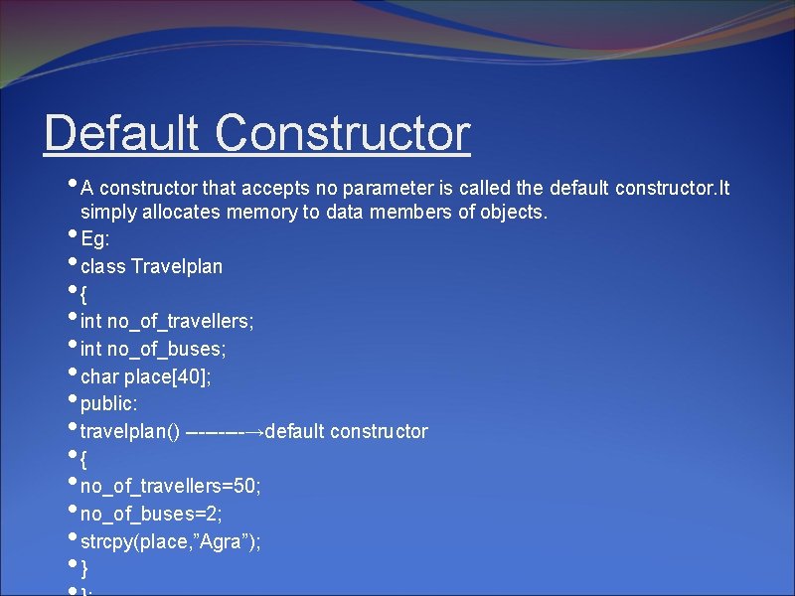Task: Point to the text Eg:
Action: [x=94, y=239]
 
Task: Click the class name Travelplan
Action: [x=177, y=266]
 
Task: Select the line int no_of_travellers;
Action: [x=167, y=321]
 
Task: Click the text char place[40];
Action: [x=145, y=376]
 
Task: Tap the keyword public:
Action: [x=109, y=404]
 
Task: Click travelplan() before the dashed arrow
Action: [x=130, y=431]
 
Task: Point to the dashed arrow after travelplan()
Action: [x=225, y=431]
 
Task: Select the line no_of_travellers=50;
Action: [x=170, y=487]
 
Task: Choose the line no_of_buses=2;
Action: [x=151, y=514]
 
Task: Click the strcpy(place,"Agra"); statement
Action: [x=171, y=541]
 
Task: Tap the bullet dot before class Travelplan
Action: [x=74, y=262]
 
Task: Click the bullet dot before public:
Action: [x=74, y=400]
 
